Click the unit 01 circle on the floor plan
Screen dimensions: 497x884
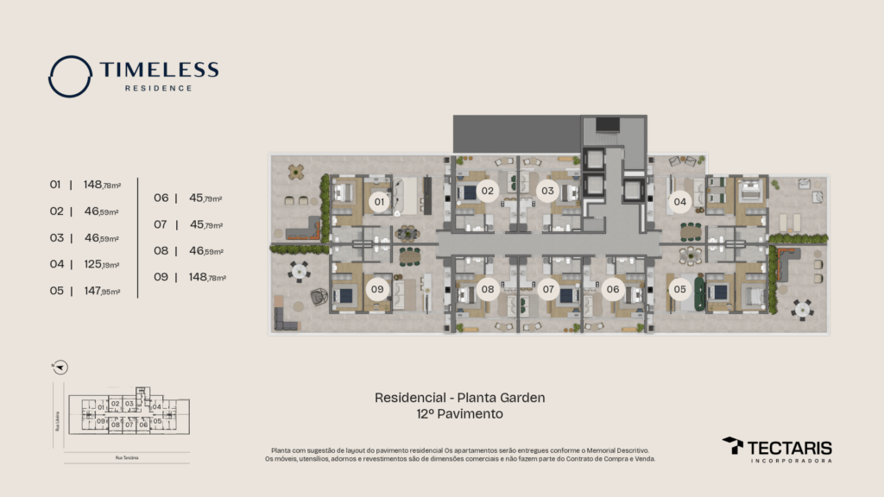pyautogui.click(x=377, y=202)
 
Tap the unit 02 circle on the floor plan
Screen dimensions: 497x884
pyautogui.click(x=488, y=191)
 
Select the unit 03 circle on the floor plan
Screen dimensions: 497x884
pyautogui.click(x=547, y=191)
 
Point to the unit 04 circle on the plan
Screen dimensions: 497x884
pyautogui.click(x=680, y=202)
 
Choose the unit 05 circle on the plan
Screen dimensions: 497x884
pyautogui.click(x=680, y=289)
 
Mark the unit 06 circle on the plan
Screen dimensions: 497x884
pyautogui.click(x=613, y=289)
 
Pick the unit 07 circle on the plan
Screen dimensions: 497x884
pyautogui.click(x=547, y=289)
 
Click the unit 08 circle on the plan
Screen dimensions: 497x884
pyautogui.click(x=488, y=289)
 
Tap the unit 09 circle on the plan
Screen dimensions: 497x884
pyautogui.click(x=377, y=289)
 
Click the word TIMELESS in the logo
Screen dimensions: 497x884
pyautogui.click(x=159, y=71)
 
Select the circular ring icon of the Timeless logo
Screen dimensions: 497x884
pyautogui.click(x=70, y=77)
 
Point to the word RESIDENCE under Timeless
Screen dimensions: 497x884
pyautogui.click(x=159, y=88)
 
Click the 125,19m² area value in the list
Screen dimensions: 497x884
pyautogui.click(x=101, y=265)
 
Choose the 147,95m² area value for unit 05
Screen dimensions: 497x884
pyautogui.click(x=101, y=292)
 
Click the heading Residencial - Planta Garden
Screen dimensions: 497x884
pyautogui.click(x=459, y=398)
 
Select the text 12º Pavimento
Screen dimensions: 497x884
pyautogui.click(x=459, y=414)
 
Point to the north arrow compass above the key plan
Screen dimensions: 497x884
pyautogui.click(x=60, y=367)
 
